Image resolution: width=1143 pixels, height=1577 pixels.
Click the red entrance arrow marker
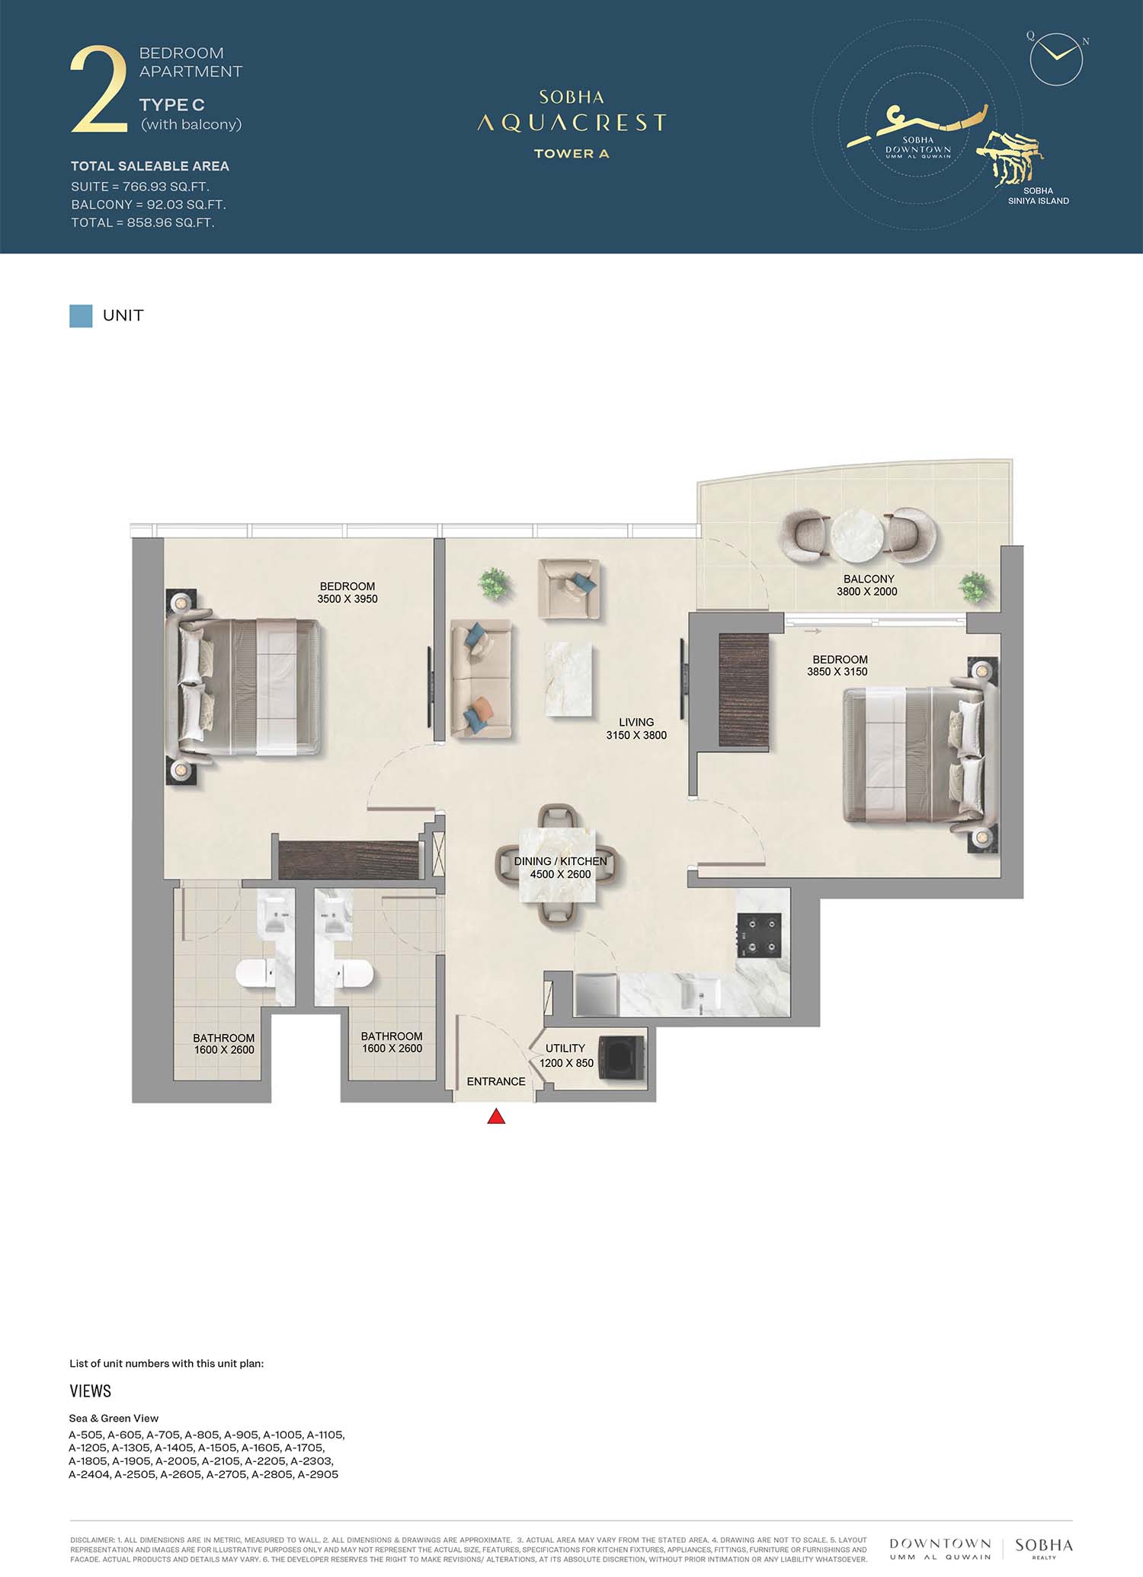(x=496, y=1116)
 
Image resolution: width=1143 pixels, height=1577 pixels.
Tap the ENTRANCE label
(x=496, y=1081)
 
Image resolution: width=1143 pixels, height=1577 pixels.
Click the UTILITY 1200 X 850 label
(x=566, y=1055)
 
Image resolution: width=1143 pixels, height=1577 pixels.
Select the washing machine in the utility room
(x=622, y=1056)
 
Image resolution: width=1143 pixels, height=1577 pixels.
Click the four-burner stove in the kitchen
(x=759, y=935)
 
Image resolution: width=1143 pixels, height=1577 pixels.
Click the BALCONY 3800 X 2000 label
(x=868, y=585)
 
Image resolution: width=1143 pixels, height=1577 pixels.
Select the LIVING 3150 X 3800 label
(x=636, y=729)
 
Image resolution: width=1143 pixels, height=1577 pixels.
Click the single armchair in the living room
(x=568, y=589)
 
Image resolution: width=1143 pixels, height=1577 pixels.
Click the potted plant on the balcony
(x=974, y=588)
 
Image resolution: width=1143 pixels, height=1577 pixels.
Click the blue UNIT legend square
(x=81, y=316)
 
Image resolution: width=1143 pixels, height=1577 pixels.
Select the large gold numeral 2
(x=99, y=90)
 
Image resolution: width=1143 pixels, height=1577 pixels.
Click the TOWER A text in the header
(x=571, y=153)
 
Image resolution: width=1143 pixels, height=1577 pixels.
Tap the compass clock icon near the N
(x=1056, y=59)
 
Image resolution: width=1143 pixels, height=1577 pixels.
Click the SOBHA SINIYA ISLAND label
(x=1039, y=196)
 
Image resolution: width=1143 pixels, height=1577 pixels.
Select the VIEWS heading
(x=91, y=1391)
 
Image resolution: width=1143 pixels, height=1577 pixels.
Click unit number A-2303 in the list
(x=312, y=1461)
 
